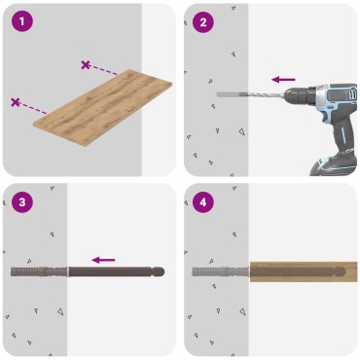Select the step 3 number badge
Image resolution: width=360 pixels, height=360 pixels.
click(x=21, y=202)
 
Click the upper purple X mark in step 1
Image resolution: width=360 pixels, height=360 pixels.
click(x=87, y=65)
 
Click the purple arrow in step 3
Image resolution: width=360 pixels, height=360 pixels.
click(x=103, y=260)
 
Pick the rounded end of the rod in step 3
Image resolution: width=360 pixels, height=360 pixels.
click(x=160, y=271)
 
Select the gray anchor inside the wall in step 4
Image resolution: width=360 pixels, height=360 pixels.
click(x=219, y=271)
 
